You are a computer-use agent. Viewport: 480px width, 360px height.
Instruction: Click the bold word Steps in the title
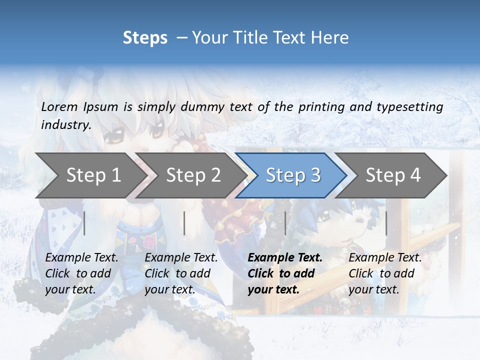click(145, 38)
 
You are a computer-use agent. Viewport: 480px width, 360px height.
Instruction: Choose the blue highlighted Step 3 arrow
click(293, 175)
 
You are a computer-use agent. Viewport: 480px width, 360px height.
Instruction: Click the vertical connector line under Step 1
click(84, 223)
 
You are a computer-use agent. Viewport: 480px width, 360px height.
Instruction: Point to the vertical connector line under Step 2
click(184, 223)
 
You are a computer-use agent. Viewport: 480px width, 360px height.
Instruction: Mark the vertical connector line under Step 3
click(285, 223)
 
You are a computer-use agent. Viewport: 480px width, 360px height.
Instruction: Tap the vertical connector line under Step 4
click(386, 223)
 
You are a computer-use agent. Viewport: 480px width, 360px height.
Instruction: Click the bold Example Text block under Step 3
click(285, 273)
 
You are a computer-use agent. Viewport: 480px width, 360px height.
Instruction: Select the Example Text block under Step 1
click(81, 273)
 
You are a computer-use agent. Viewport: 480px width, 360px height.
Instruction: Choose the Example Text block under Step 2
click(181, 273)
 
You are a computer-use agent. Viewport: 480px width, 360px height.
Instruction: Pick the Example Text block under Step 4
click(385, 273)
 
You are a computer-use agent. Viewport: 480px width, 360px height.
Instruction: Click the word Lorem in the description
click(59, 106)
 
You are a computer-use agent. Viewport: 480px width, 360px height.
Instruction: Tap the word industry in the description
click(66, 124)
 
